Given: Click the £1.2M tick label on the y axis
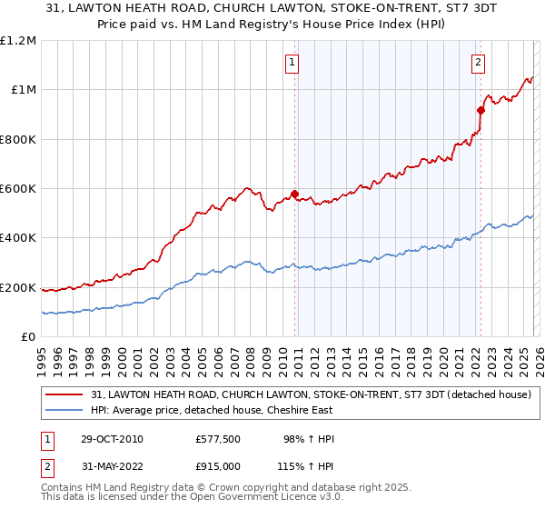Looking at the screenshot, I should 18,41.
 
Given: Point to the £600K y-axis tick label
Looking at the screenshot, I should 18,189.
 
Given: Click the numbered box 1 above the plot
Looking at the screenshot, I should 292,63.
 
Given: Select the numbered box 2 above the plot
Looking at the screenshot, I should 478,63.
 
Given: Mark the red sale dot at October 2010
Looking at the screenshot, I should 295,194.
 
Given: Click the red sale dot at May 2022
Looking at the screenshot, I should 480,110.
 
